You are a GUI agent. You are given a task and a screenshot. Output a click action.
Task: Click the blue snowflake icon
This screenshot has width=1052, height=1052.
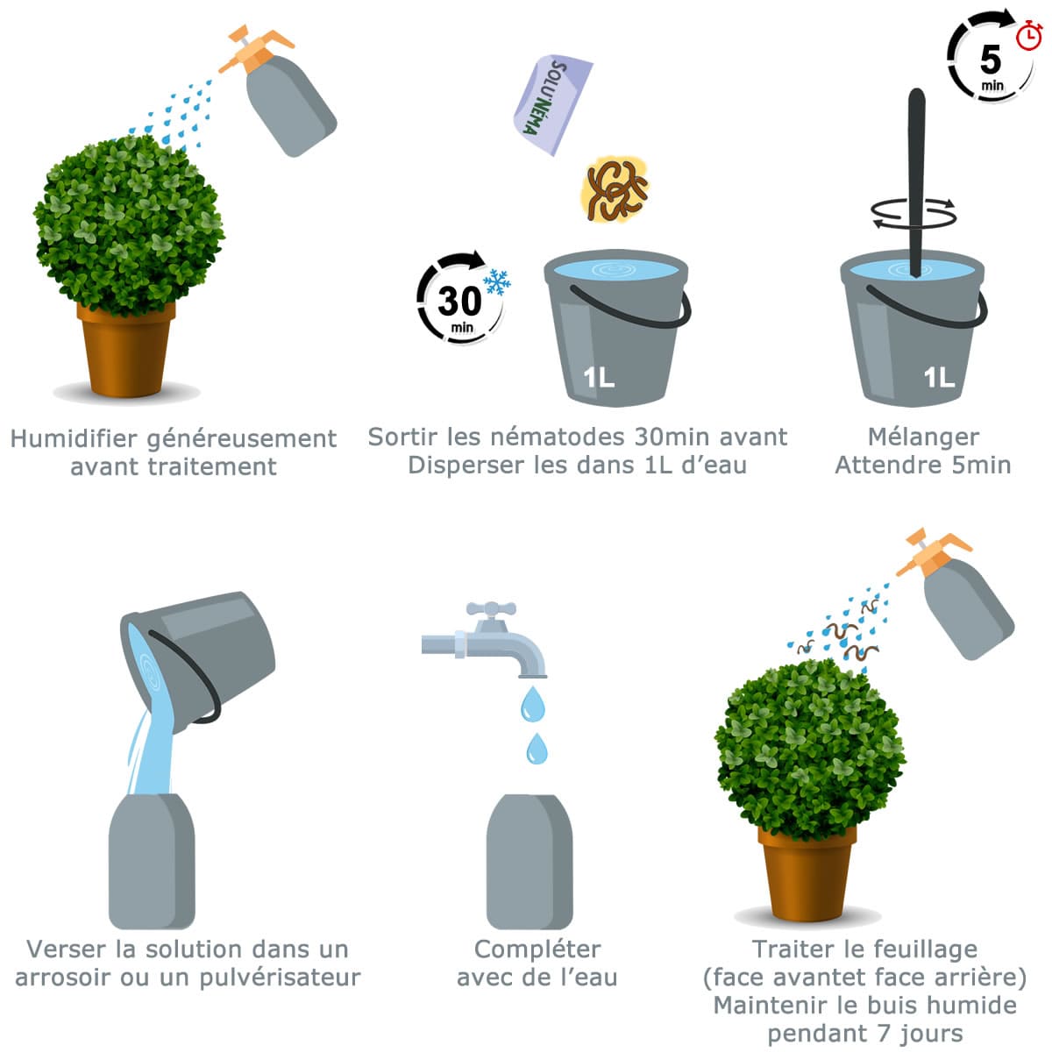[497, 281]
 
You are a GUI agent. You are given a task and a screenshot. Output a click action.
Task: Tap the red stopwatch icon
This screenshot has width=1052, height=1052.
[1029, 35]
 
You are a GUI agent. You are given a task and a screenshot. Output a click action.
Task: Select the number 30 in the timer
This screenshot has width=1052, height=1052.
[459, 301]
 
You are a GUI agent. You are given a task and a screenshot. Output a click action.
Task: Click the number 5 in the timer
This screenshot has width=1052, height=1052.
[991, 60]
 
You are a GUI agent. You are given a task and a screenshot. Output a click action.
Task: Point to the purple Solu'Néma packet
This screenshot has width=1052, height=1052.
[552, 104]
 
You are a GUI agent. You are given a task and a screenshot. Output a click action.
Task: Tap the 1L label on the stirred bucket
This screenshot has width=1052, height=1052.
[939, 378]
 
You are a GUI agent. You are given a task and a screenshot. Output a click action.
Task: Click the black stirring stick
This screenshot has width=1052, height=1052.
[916, 183]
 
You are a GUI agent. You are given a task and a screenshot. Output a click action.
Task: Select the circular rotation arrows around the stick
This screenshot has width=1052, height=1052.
[913, 213]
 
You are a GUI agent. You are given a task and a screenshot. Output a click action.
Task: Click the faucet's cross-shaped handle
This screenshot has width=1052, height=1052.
[491, 608]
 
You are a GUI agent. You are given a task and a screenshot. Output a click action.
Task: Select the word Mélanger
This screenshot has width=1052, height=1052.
[924, 437]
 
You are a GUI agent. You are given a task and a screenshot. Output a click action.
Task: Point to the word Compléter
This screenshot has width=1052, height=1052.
[537, 950]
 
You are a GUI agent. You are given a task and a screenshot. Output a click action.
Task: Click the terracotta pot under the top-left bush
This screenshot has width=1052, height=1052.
[126, 349]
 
